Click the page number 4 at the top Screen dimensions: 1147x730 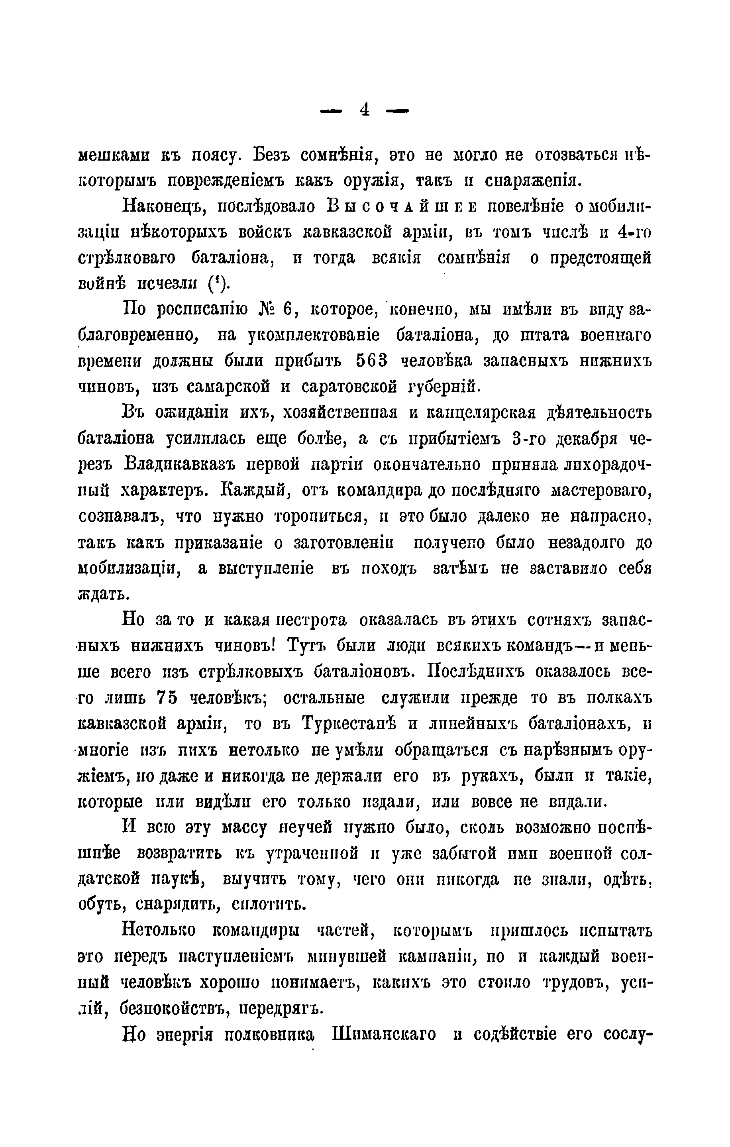point(365,110)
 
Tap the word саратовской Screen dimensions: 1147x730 point(349,387)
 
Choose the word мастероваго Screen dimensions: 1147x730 point(601,490)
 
